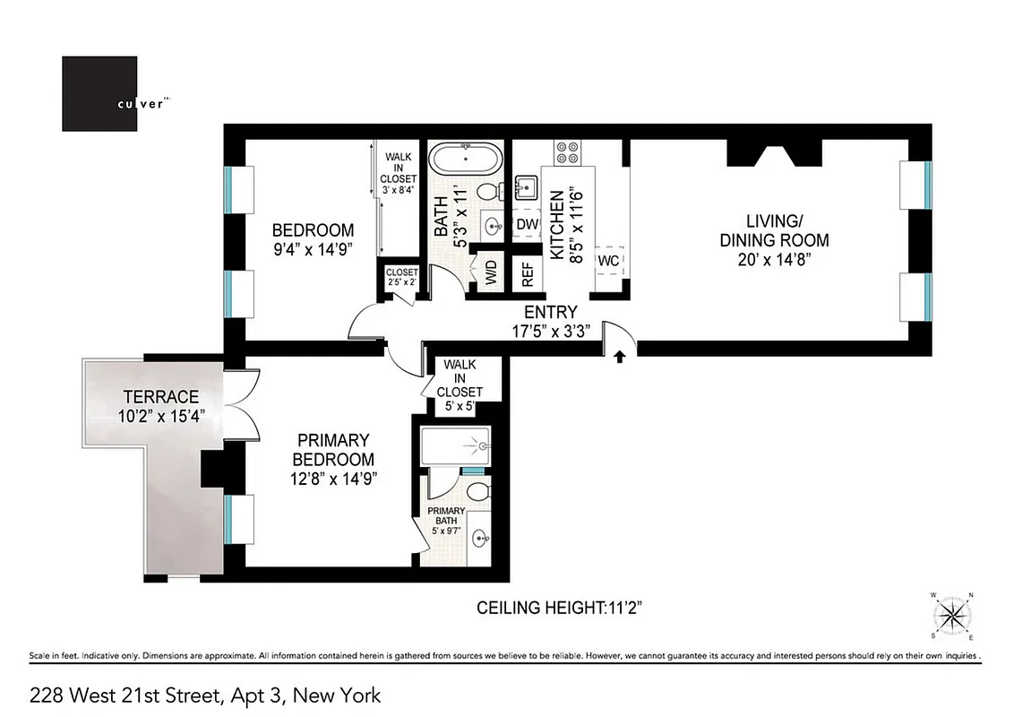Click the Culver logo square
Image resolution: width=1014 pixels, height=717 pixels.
[x=99, y=94]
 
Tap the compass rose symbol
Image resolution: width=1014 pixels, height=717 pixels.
[x=952, y=615]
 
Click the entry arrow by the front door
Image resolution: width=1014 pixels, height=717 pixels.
[x=619, y=357]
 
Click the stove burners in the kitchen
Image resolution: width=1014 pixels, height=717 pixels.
[x=567, y=152]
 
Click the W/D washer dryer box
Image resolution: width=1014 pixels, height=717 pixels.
[x=490, y=272]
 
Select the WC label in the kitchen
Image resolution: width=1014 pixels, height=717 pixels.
[x=609, y=261]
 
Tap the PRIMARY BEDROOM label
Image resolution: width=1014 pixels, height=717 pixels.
[x=332, y=449]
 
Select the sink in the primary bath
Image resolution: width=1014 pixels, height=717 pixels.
[x=479, y=540]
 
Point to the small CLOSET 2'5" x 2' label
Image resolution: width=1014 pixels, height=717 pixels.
[x=401, y=276]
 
